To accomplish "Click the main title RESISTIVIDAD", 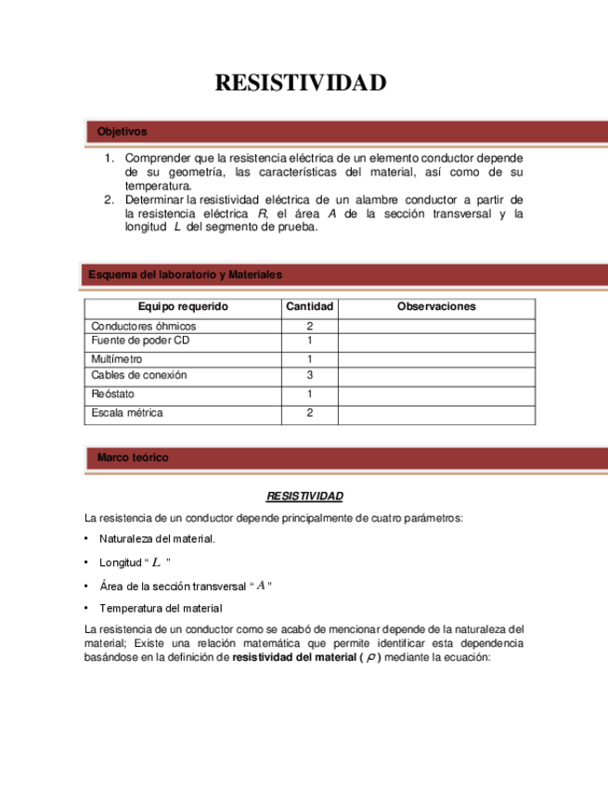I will coord(300,84).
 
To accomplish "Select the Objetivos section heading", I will coord(122,132).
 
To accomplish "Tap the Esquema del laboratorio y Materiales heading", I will coord(186,275).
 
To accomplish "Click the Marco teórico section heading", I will coord(133,458).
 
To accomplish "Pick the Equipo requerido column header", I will coord(183,306).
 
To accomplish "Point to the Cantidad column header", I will coord(309,306).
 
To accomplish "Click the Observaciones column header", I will coord(436,306).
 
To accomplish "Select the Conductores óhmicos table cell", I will coord(144,327).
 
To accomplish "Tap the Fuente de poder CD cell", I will coord(140,341).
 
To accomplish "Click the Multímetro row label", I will coord(118,359).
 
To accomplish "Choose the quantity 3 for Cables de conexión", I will coord(309,375).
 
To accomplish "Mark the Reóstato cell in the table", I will coord(112,394).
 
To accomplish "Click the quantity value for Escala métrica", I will coord(309,413).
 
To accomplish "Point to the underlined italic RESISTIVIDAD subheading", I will coord(304,497).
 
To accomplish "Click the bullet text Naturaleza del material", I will coord(157,539).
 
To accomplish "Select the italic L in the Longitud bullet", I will coord(157,562).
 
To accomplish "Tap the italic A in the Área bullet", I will coord(261,585).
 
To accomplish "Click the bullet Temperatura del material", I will coord(161,608).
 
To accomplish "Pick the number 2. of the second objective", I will coord(109,200).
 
